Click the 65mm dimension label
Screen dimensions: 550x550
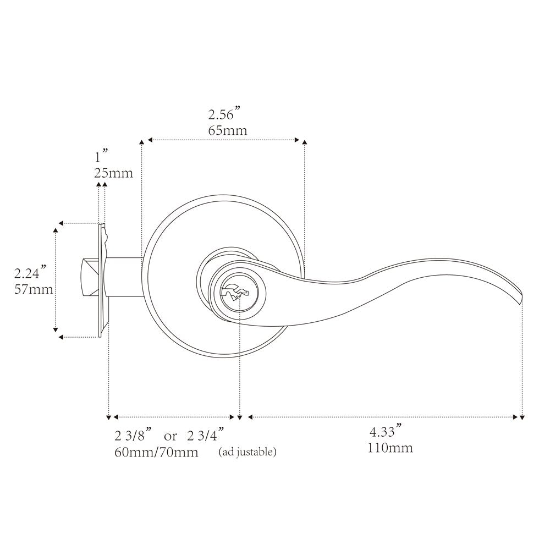[x=228, y=130]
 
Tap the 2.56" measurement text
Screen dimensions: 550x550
[x=224, y=114]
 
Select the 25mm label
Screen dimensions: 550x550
[x=114, y=173]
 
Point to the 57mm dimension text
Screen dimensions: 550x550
[x=34, y=289]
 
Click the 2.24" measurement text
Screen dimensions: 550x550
[x=30, y=273]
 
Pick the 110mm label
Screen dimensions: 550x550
[x=391, y=448]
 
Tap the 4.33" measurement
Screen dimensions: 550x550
[x=386, y=431]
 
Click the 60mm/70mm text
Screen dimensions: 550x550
[x=156, y=452]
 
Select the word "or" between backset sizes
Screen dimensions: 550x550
[x=170, y=437]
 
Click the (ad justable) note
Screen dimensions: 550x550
[x=248, y=452]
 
